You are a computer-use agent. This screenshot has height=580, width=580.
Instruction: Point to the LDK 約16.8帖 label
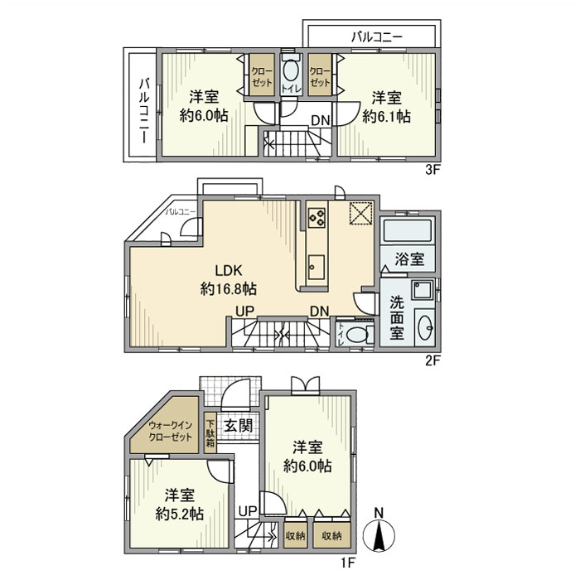pos(227,279)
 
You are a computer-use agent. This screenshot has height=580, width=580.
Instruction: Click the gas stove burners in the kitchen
pos(317,218)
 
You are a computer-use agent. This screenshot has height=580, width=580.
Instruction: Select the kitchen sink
pos(317,266)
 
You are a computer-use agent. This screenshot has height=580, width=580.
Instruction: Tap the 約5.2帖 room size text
pos(180,513)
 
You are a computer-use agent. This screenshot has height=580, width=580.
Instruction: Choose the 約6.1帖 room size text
pos(386,117)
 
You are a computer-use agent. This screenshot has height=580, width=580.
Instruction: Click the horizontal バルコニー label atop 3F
pos(376,37)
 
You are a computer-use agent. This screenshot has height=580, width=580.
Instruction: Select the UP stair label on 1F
pos(247,511)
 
